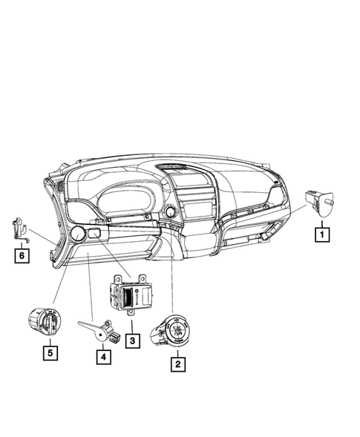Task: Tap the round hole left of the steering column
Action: tap(76, 236)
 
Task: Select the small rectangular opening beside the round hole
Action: tap(95, 235)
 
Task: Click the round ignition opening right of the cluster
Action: tap(170, 213)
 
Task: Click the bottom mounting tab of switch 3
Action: tap(132, 314)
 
